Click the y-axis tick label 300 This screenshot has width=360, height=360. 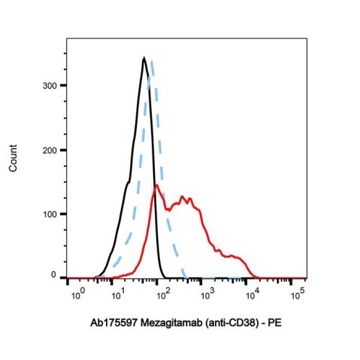pos(48,86)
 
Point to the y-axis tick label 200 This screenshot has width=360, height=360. pos(48,150)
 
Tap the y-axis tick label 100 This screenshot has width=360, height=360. pos(48,214)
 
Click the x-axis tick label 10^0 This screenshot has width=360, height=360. pos(77,293)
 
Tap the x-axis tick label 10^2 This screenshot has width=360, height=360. pos(165,293)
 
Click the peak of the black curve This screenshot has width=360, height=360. pos(144,58)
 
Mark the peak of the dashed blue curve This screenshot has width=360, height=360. pos(152,62)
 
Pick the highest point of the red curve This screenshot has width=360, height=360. pos(156,185)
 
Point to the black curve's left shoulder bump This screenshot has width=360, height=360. pos(129,183)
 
